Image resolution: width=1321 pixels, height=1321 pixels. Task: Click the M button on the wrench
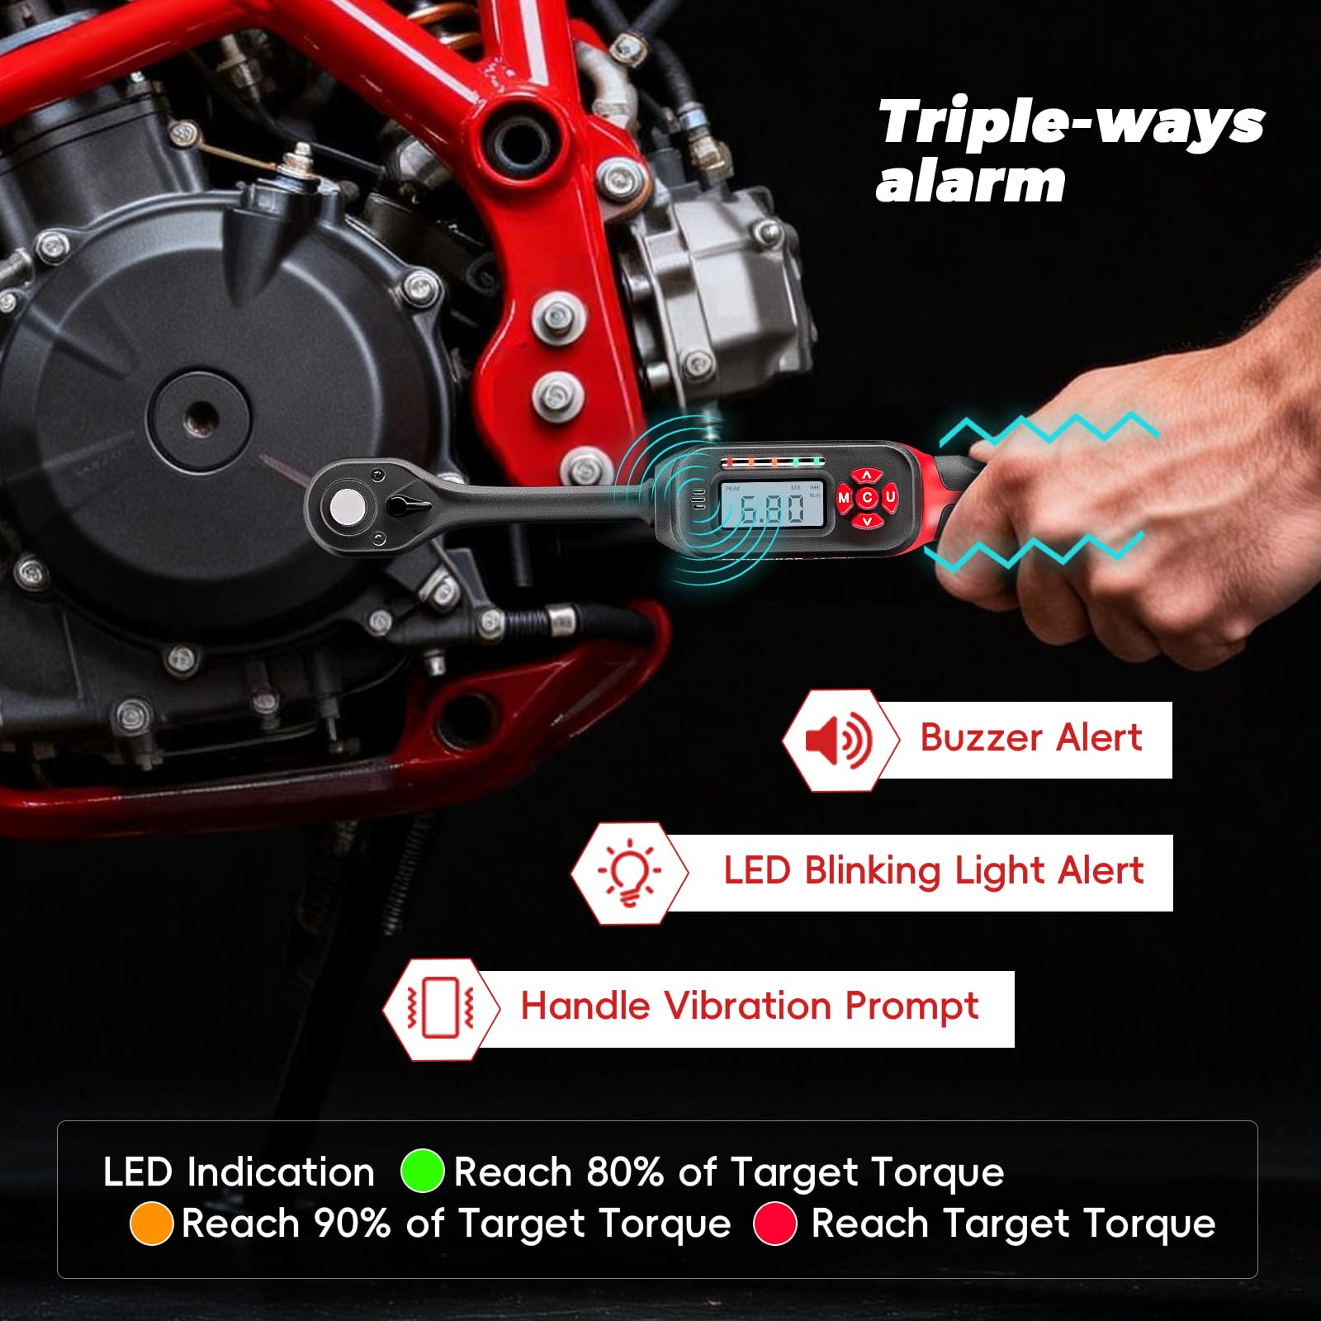pos(844,498)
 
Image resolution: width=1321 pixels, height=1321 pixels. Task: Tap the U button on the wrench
pos(890,497)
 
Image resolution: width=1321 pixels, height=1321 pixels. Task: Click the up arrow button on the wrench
pos(867,476)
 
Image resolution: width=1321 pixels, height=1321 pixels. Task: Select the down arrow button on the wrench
pos(867,520)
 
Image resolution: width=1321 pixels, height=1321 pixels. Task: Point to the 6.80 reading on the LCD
pos(771,509)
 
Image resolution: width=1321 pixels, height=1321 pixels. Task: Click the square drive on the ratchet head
pos(348,507)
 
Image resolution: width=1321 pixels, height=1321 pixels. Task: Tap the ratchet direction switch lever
pos(408,504)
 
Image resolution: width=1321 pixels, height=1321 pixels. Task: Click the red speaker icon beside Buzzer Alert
pos(838,740)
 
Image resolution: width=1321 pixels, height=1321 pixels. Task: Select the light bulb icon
pos(629,873)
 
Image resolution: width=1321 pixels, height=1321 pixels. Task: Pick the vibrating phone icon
pos(440,1009)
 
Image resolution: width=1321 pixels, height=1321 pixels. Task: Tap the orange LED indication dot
pos(151,1223)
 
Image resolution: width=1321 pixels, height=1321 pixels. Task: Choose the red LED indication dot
pos(774,1223)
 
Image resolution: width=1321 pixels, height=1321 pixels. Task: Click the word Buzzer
pos(981,737)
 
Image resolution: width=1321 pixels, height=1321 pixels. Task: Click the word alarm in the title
pos(971,182)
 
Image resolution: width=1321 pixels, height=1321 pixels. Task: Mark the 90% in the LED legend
pos(353,1223)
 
